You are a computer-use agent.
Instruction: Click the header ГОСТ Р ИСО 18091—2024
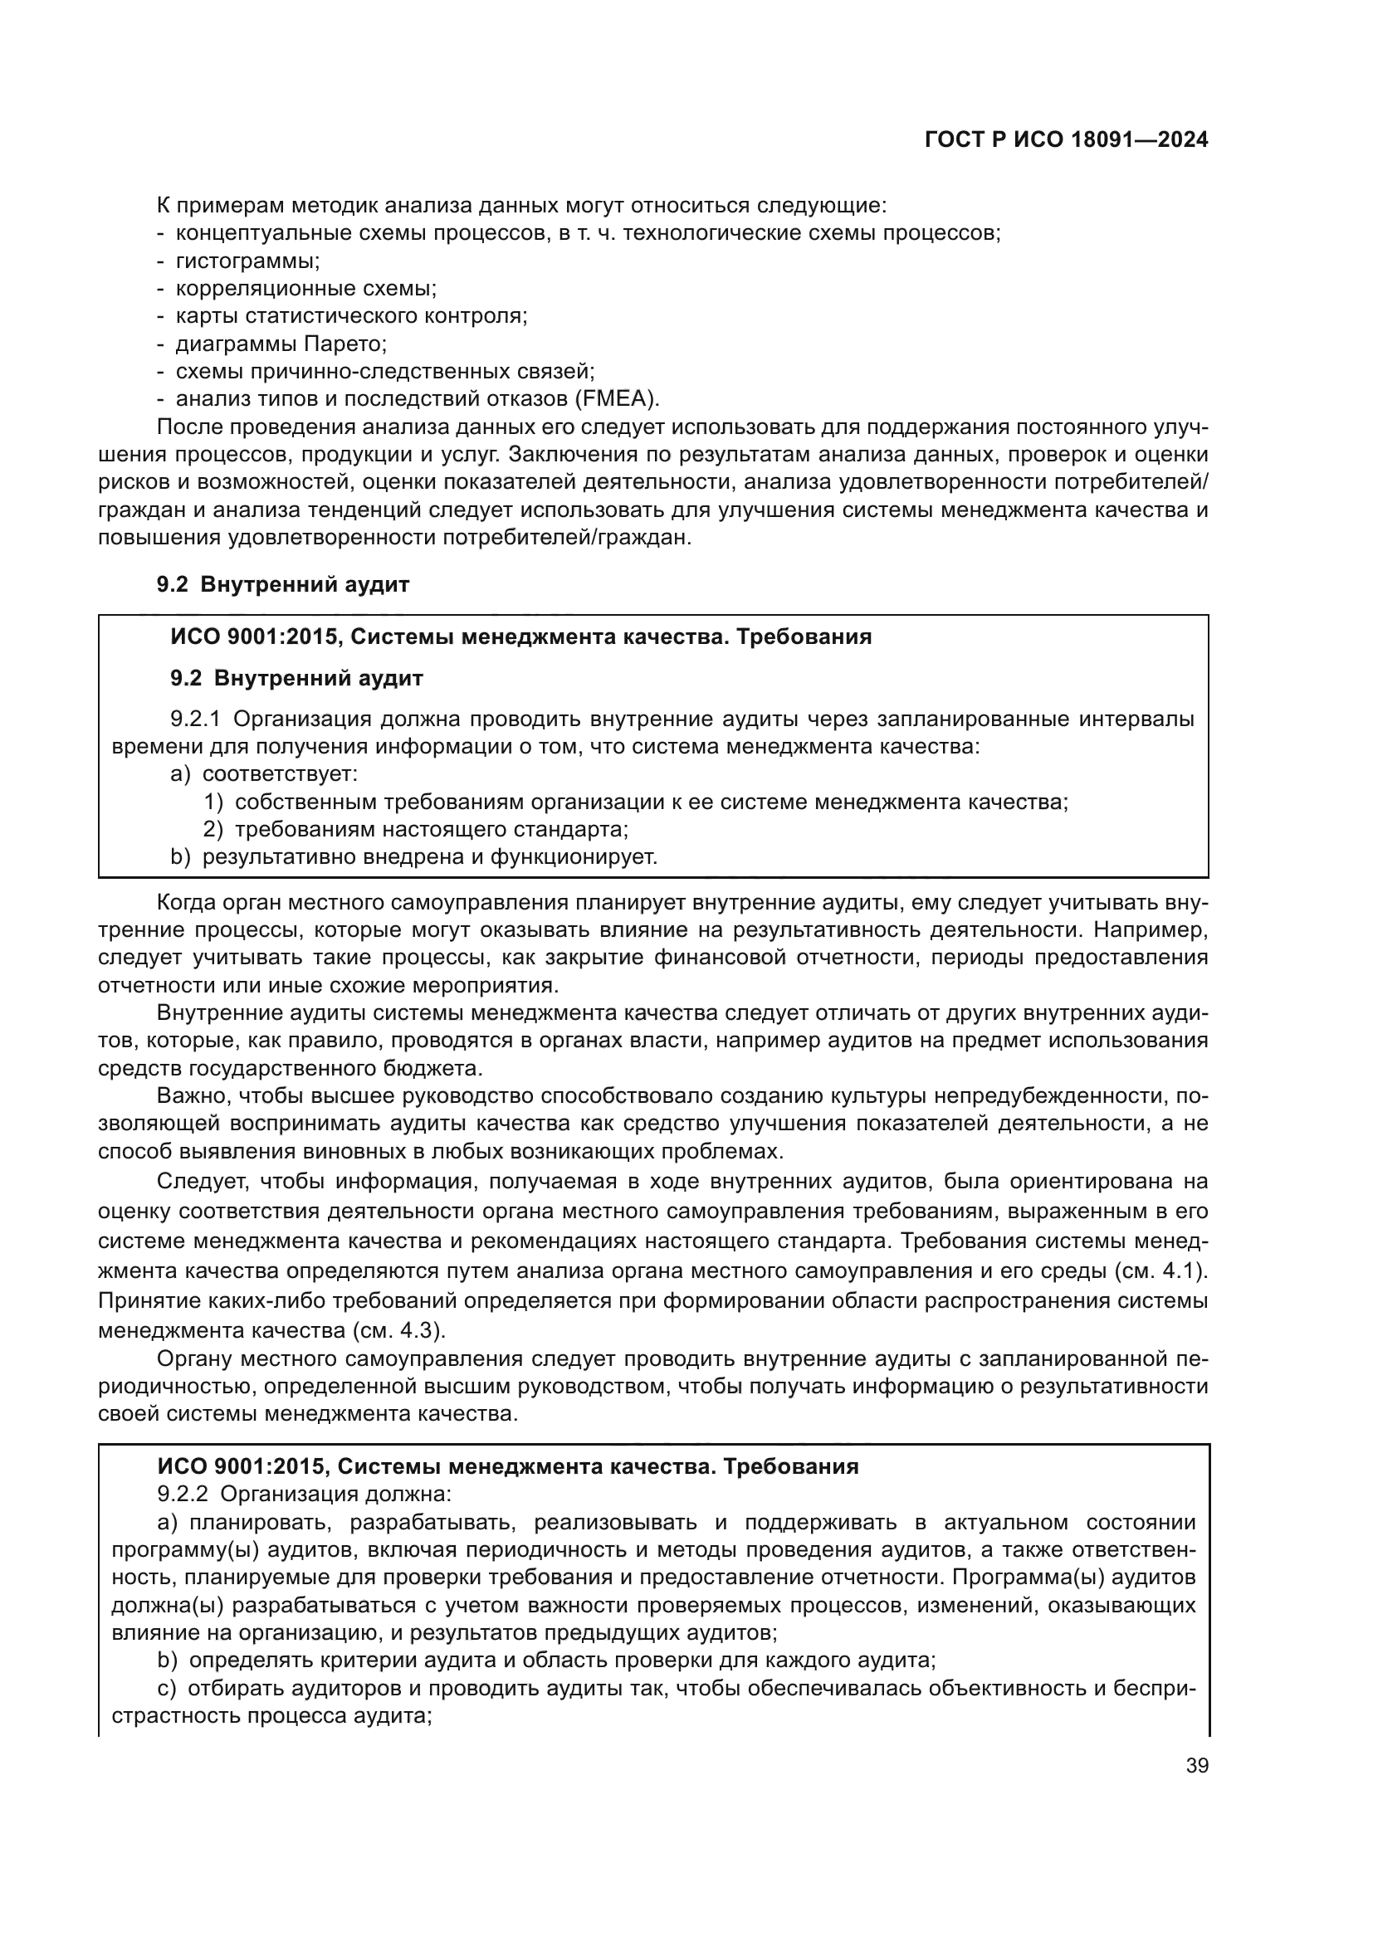1066,140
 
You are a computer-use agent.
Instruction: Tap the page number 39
1196,1765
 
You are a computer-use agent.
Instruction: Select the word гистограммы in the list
247,261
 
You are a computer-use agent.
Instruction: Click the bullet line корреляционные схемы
306,289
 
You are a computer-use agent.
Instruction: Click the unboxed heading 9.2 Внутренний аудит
282,584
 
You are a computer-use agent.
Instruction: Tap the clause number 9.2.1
195,719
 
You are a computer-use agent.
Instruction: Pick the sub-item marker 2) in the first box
213,829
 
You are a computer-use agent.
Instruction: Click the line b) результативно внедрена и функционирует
414,857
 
